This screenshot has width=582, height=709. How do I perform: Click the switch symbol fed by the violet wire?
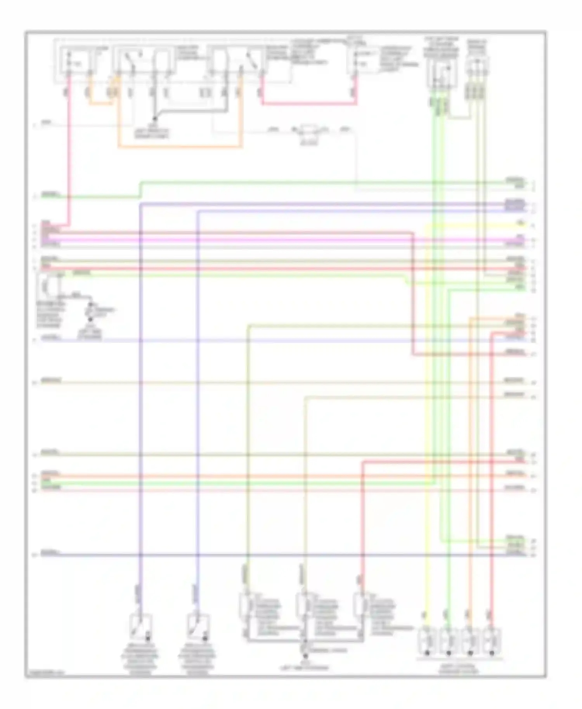point(140,627)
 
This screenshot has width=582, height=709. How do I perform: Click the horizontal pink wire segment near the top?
point(308,104)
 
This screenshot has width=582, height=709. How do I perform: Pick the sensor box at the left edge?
point(48,287)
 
